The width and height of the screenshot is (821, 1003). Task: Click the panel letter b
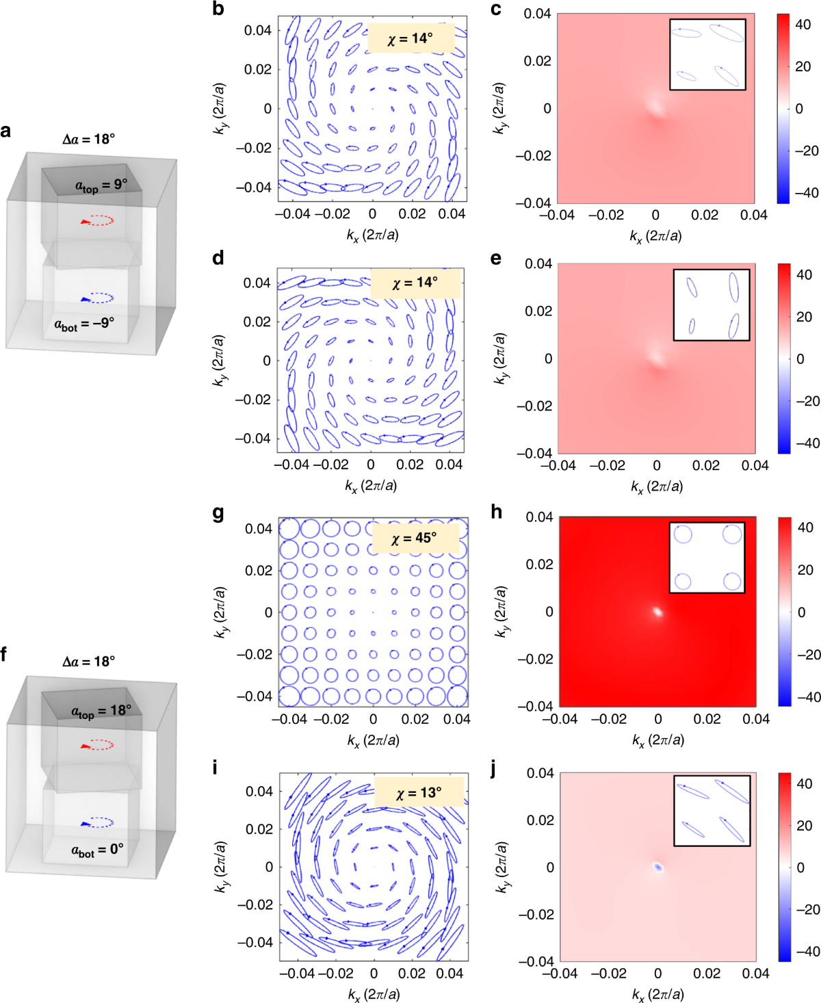click(218, 9)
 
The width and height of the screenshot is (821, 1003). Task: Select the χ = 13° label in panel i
click(419, 792)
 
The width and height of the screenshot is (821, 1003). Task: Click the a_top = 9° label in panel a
click(101, 185)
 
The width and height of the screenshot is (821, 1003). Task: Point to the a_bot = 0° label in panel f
click(97, 850)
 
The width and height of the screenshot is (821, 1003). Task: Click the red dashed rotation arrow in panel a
click(97, 220)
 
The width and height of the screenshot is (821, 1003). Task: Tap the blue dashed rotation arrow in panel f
click(97, 822)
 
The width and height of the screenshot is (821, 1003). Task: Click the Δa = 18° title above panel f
click(88, 661)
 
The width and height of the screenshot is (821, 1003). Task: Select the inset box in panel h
click(707, 558)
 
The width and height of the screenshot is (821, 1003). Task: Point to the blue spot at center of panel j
click(658, 867)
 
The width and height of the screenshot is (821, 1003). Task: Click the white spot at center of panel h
click(657, 612)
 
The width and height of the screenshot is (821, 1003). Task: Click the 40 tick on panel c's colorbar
click(803, 24)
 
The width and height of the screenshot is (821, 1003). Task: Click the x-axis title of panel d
click(371, 486)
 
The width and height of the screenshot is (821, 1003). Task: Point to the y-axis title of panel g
click(222, 612)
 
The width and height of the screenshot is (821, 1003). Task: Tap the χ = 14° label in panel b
click(410, 38)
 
